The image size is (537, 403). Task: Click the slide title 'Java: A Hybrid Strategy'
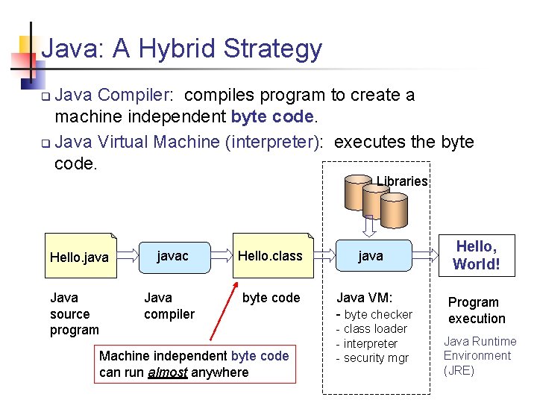pos(182,49)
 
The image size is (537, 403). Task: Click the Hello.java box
pos(79,257)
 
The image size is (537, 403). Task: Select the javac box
pos(172,256)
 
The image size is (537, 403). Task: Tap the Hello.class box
pos(269,256)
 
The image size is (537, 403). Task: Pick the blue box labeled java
pos(371,256)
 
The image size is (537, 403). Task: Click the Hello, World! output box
pos(476,255)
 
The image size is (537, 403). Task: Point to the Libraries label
pos(402,181)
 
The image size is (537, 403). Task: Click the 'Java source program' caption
pos(75,313)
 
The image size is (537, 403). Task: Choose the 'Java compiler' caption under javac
pos(169,306)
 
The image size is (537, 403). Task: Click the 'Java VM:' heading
pos(365,297)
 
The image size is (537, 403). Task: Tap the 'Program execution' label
pos(476,310)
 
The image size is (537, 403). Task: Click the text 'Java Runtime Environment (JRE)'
pos(480,356)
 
